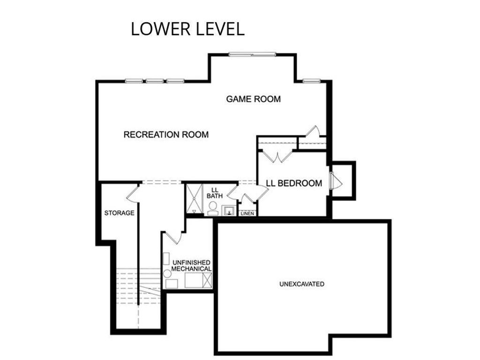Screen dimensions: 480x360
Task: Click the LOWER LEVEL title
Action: click(x=187, y=29)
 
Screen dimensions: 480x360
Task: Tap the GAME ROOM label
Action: click(x=253, y=99)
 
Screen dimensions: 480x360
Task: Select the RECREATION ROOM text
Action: click(x=166, y=135)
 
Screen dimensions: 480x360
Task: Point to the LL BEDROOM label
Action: click(x=294, y=183)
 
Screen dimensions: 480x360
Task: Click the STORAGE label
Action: click(x=119, y=213)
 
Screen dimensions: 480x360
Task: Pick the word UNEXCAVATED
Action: click(x=301, y=284)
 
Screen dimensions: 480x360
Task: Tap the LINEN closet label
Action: click(x=247, y=213)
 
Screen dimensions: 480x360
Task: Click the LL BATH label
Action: click(x=215, y=193)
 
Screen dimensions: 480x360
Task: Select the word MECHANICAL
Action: click(x=191, y=269)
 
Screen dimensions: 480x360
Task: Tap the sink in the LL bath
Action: click(x=228, y=210)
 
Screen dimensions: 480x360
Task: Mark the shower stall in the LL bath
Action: click(x=195, y=199)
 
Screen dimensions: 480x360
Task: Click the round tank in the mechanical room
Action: click(x=167, y=273)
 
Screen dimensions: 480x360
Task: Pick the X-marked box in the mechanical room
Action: click(x=207, y=280)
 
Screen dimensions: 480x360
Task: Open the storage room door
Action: click(x=132, y=194)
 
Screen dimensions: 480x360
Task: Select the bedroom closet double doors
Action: click(x=277, y=155)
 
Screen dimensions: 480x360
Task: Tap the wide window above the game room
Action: click(x=252, y=54)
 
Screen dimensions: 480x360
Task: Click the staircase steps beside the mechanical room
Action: click(x=139, y=286)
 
